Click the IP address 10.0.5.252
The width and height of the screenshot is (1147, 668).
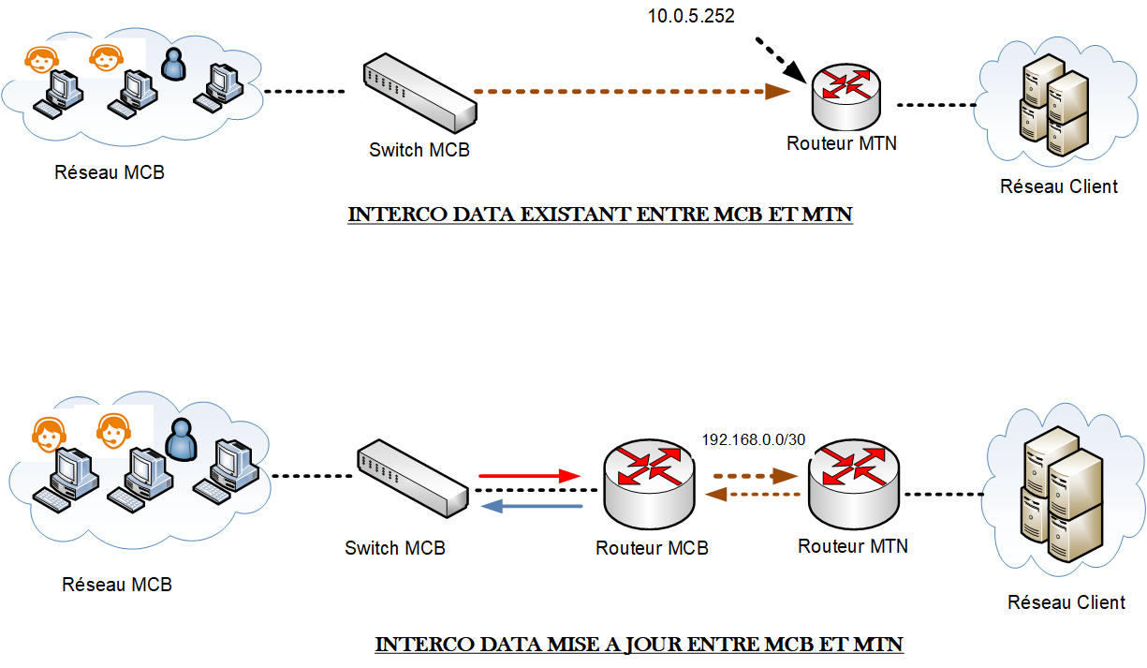pyautogui.click(x=690, y=16)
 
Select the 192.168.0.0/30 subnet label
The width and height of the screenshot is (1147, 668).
pyautogui.click(x=754, y=439)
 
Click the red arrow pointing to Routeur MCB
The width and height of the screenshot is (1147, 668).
pyautogui.click(x=530, y=476)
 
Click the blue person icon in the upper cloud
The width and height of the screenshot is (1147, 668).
pyautogui.click(x=172, y=65)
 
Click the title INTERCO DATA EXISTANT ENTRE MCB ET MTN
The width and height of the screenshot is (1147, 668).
pyautogui.click(x=600, y=215)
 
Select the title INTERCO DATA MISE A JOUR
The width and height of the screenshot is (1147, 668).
pyautogui.click(x=639, y=645)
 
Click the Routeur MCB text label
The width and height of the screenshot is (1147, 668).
pyautogui.click(x=652, y=548)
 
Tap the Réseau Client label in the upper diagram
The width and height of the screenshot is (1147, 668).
pyautogui.click(x=1058, y=186)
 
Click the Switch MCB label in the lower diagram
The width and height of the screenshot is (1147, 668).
pyautogui.click(x=395, y=548)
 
